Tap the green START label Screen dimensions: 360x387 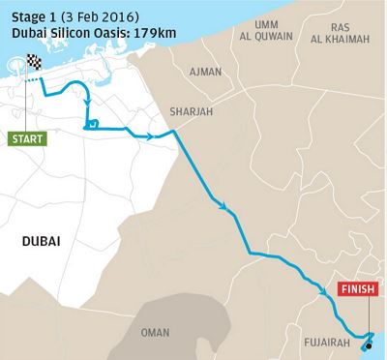tap(28, 139)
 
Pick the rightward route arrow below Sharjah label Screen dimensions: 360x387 tap(154, 137)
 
